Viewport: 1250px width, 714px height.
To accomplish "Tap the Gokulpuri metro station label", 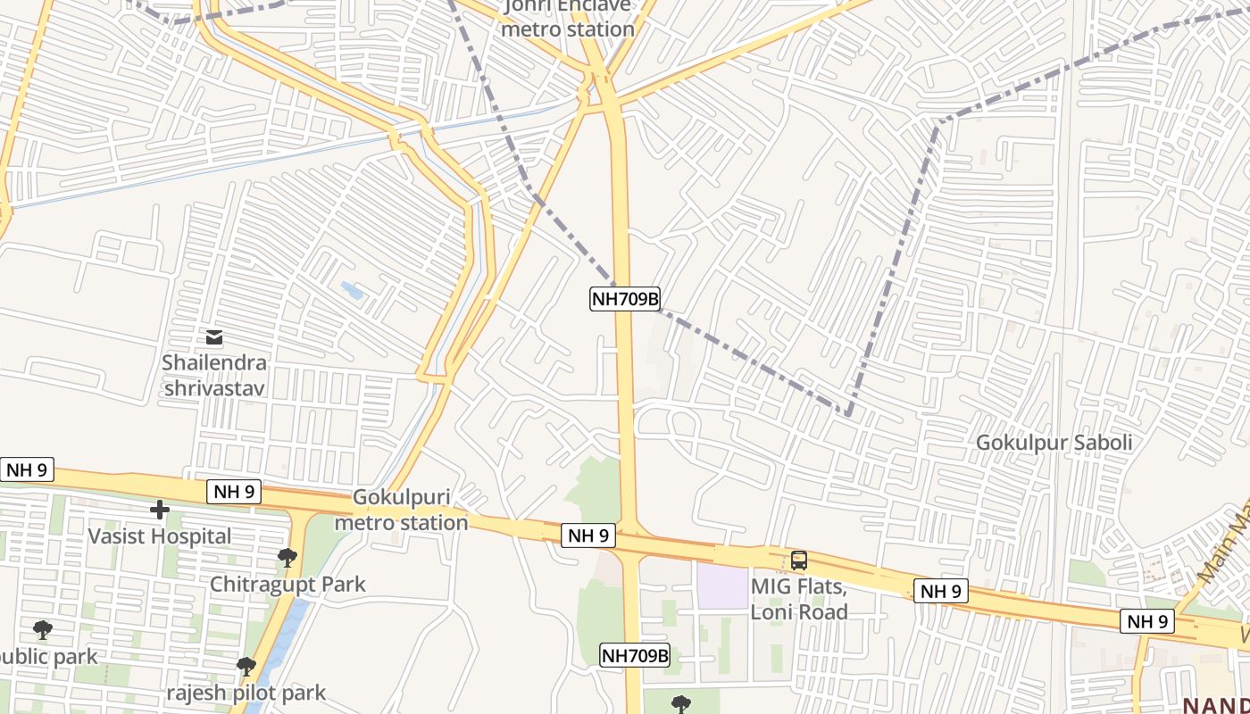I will (401, 510).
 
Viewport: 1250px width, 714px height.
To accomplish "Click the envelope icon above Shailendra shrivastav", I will (214, 337).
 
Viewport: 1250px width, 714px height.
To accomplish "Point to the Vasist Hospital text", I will (159, 536).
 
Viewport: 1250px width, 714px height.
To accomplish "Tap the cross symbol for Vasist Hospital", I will (160, 510).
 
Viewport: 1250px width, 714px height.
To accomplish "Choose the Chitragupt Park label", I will (287, 585).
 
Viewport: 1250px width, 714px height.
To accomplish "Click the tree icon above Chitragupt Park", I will (287, 558).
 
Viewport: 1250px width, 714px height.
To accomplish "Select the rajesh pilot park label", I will (246, 693).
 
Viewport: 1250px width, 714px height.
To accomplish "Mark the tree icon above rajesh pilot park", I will (246, 666).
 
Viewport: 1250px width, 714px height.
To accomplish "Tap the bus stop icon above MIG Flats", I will (799, 560).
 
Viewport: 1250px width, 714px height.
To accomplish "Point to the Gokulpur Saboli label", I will (1054, 443).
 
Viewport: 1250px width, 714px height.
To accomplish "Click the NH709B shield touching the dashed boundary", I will (624, 299).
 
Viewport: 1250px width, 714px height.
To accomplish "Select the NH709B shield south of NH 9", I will (634, 656).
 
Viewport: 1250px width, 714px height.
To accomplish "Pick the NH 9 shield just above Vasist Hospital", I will (234, 491).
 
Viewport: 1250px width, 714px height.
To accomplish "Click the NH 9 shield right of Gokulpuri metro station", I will (588, 535).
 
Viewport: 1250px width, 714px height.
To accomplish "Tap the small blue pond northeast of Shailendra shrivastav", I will (352, 290).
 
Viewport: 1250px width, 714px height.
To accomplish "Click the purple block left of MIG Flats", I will (722, 586).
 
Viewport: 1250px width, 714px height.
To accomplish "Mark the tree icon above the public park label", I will (42, 630).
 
